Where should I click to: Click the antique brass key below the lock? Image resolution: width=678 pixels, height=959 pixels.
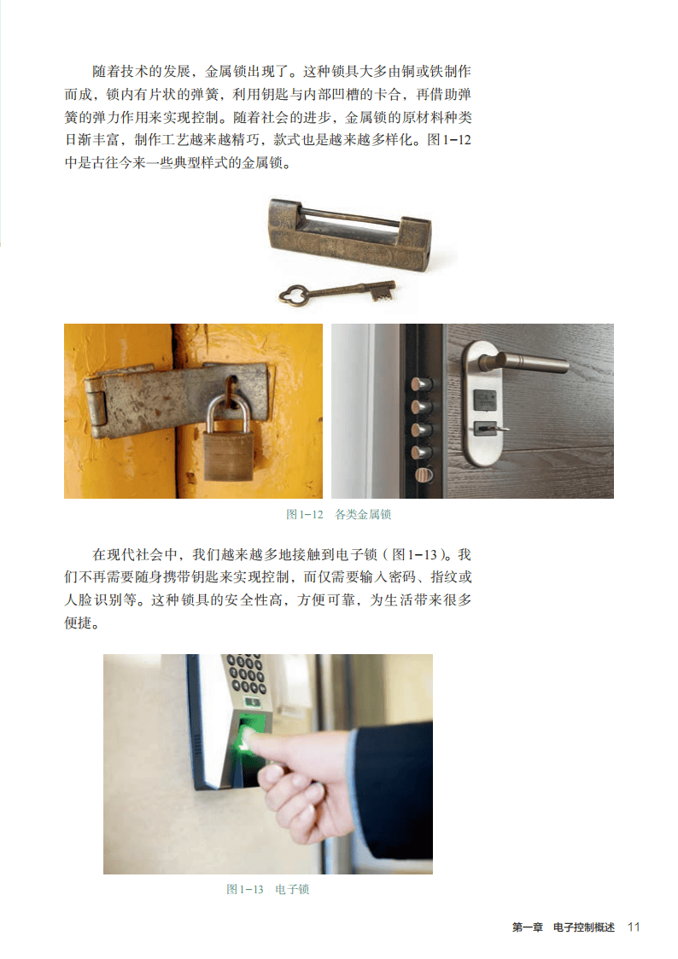(x=336, y=292)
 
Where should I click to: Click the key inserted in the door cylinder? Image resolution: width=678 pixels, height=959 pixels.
(x=492, y=429)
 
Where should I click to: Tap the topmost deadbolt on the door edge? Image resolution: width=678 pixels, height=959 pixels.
(x=421, y=384)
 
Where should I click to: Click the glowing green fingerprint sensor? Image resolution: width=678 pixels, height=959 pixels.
(x=251, y=732)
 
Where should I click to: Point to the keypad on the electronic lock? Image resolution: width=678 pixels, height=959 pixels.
(x=247, y=675)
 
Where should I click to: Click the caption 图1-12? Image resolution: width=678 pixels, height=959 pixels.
(x=305, y=514)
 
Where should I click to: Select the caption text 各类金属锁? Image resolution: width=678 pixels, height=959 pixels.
(x=363, y=514)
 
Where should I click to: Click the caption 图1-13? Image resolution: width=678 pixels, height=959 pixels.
(x=244, y=889)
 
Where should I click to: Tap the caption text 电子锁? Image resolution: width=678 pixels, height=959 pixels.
(x=292, y=889)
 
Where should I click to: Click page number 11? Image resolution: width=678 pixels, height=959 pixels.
(x=634, y=927)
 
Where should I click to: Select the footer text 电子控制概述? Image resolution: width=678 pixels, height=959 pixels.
(x=584, y=927)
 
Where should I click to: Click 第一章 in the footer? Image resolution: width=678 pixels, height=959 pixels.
(x=528, y=927)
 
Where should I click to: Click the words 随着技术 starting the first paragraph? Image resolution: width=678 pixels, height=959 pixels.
(x=120, y=72)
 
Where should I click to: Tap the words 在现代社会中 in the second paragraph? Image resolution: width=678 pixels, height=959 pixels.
(x=135, y=555)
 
